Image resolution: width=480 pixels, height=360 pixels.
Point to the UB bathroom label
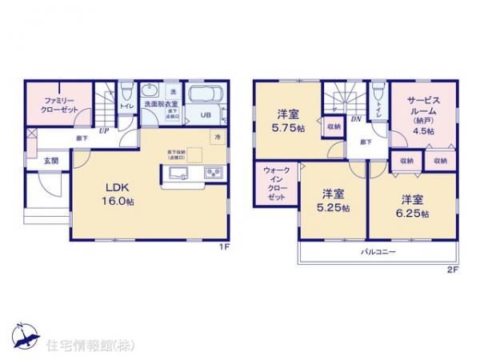(x=205, y=115)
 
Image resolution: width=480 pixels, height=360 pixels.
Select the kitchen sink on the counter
(x=176, y=175)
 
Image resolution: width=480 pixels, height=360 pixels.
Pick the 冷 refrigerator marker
(x=216, y=138)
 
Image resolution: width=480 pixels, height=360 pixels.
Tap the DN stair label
(x=356, y=118)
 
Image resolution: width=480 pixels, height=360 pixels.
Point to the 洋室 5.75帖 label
(x=288, y=120)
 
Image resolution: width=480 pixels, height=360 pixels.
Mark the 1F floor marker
(x=226, y=246)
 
